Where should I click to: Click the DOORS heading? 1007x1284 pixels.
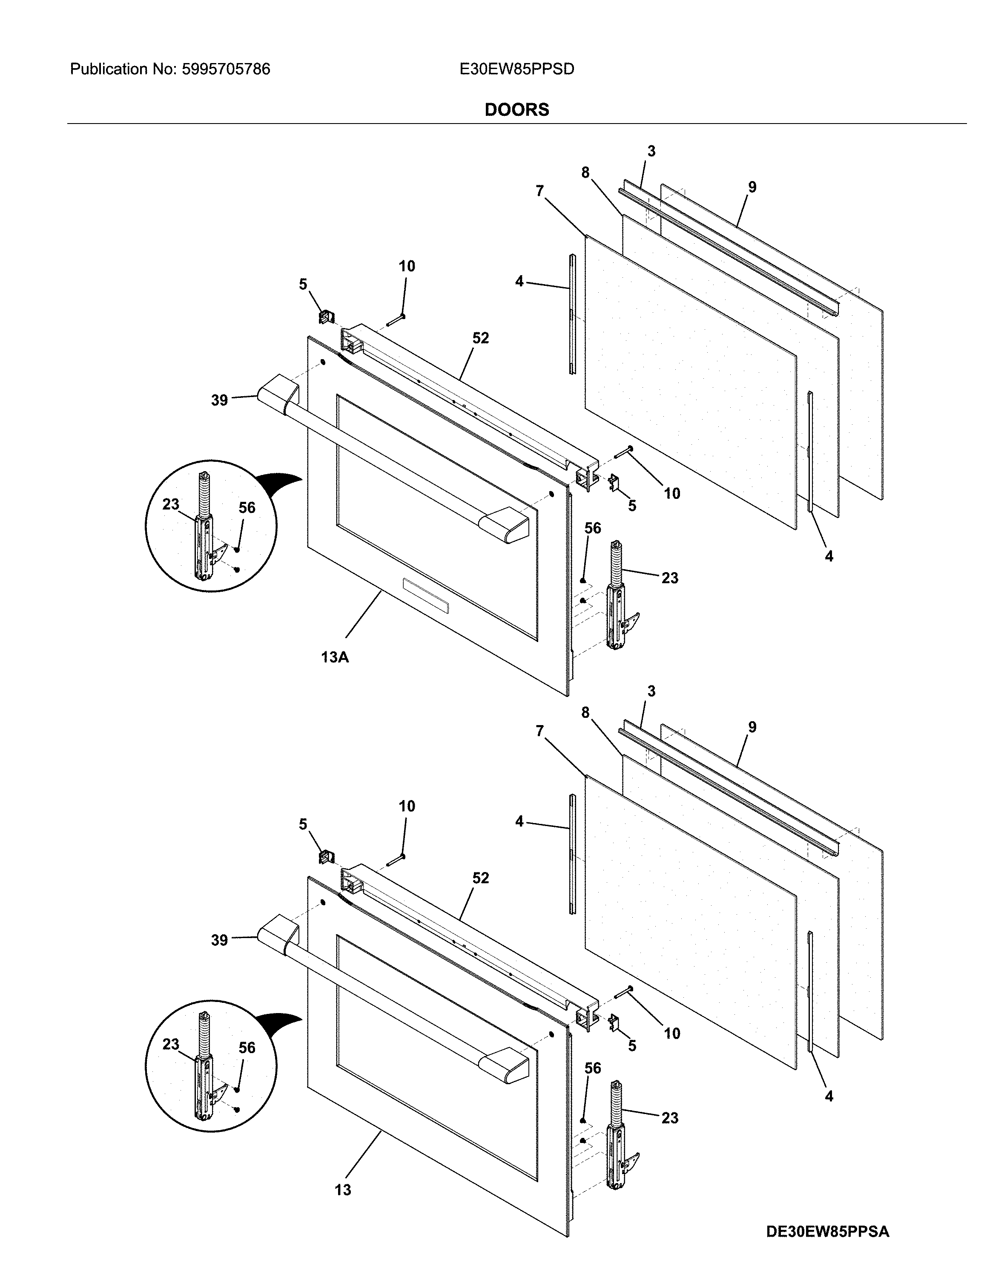click(516, 110)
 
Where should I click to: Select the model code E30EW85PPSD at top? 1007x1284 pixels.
click(516, 69)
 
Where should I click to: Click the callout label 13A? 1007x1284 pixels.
click(335, 657)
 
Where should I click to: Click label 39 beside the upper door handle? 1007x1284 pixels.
click(219, 400)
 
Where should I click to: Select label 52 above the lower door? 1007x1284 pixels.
click(480, 878)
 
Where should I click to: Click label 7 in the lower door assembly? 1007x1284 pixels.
click(539, 731)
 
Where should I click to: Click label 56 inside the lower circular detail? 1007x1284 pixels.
click(247, 1048)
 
